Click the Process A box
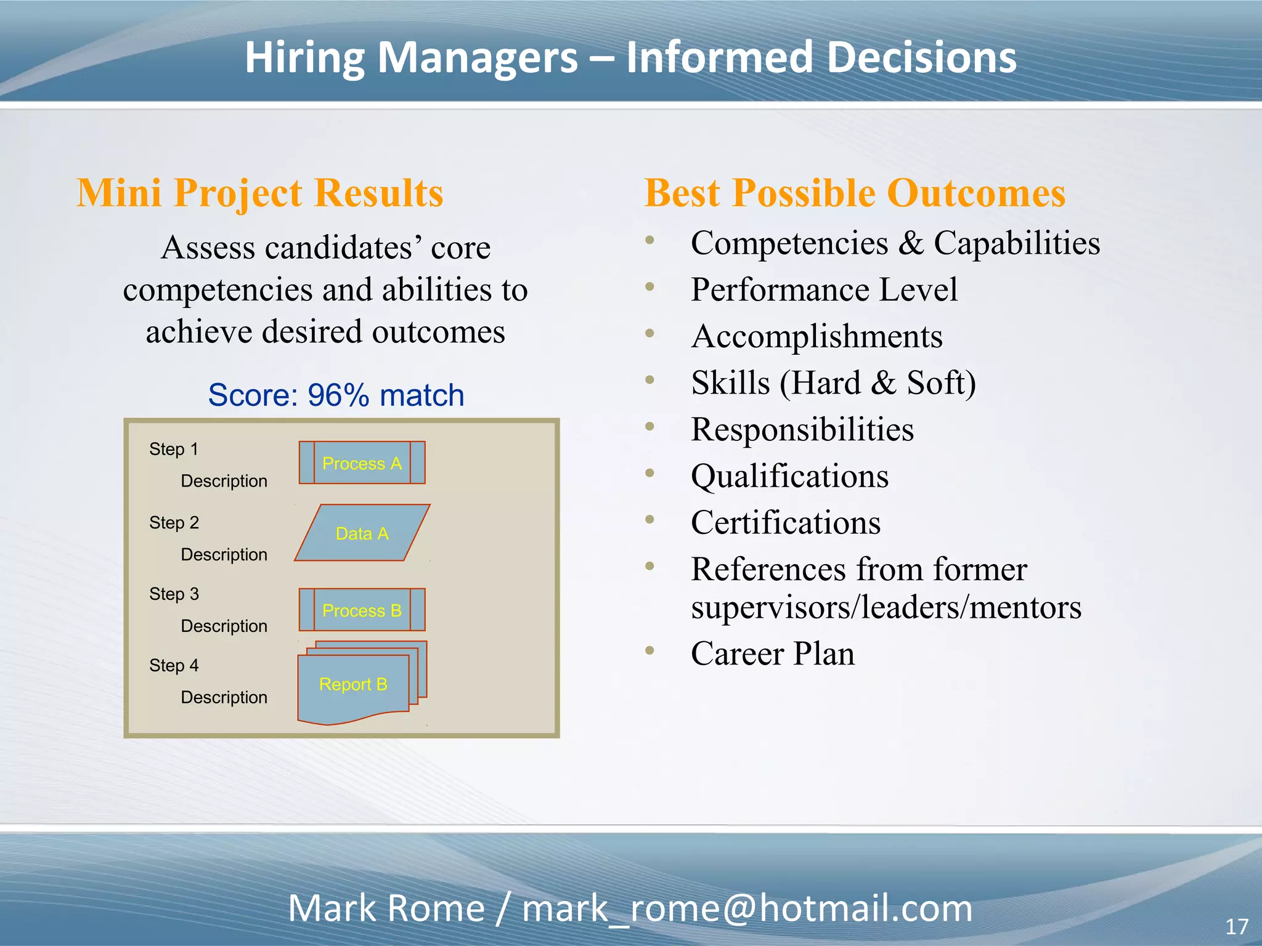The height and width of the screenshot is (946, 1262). coord(362,463)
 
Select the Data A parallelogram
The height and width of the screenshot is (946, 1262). coord(362,533)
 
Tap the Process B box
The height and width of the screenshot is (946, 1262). coord(362,610)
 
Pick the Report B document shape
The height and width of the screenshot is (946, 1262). coord(353,684)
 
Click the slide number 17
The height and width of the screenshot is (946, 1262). coord(1236,926)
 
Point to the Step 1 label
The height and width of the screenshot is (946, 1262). coord(174,449)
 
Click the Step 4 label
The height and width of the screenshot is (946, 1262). coord(174,665)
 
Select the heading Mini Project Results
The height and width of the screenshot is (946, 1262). coord(260,193)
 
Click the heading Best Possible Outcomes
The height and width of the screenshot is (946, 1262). coord(855,193)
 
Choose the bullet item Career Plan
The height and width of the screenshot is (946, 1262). coord(773,653)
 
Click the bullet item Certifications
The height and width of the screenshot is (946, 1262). coord(786,522)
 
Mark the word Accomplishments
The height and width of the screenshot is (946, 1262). coord(817,336)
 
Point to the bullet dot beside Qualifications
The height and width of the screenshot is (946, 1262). coord(649,473)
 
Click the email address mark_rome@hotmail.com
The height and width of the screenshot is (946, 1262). coord(747,908)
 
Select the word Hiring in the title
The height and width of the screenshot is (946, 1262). coord(305,57)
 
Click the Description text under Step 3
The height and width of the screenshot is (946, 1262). coord(224,626)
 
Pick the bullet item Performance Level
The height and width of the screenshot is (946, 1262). coord(824,289)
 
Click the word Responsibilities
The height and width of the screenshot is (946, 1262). coord(802,429)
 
